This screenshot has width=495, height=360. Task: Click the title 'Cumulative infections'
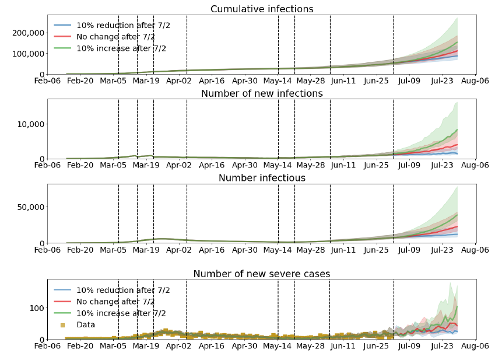point(262,9)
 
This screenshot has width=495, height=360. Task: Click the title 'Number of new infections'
point(262,94)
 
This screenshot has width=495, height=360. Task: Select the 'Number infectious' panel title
point(262,178)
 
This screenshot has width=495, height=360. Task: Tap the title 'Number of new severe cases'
point(262,274)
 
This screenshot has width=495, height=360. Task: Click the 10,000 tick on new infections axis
point(30,124)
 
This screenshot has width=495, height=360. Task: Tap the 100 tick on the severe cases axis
point(34,308)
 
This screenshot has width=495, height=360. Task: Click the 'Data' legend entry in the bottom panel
point(86,325)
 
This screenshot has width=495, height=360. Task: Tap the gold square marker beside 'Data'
point(63,325)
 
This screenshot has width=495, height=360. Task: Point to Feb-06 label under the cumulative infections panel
point(47,81)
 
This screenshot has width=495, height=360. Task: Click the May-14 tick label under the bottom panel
point(278,345)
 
